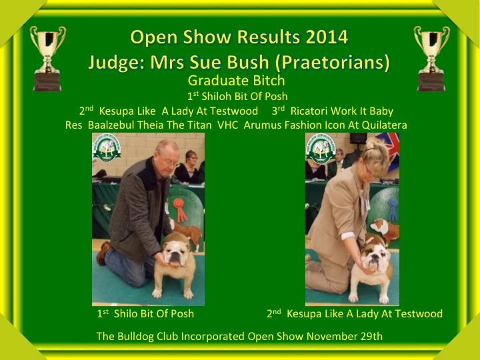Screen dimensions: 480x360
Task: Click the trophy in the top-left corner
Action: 48,58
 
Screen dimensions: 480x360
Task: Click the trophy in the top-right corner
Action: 431,58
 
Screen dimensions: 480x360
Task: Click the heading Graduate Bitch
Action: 236,81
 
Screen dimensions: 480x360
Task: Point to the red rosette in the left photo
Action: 180,209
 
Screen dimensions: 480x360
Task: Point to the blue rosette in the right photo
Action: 393,209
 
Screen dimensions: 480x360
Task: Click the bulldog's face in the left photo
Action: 175,253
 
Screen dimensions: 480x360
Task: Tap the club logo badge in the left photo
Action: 107,149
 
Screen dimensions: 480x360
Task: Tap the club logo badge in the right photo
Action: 321,149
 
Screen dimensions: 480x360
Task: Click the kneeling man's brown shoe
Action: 103,253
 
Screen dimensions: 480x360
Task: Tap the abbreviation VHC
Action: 228,125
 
